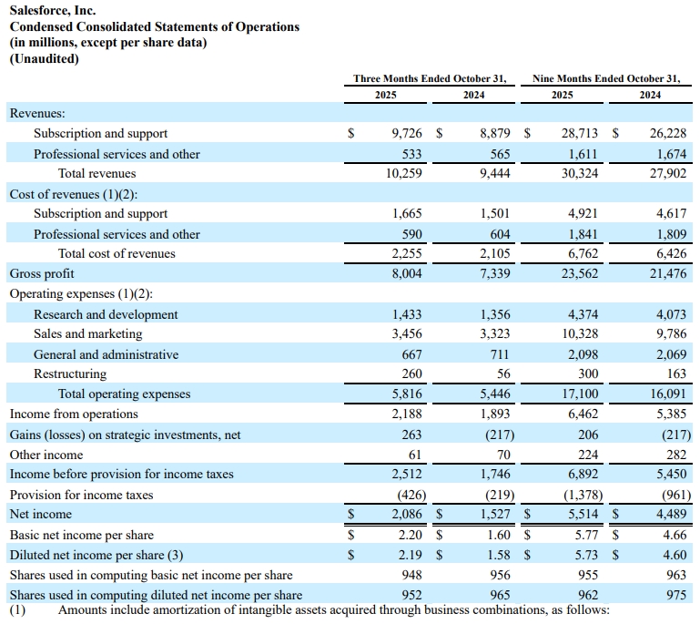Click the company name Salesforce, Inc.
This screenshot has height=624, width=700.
[53, 11]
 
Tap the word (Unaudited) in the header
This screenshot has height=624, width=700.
[44, 59]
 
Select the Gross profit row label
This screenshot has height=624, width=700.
[42, 273]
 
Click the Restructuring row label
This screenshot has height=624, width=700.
[70, 373]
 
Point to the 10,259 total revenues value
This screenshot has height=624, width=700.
[401, 173]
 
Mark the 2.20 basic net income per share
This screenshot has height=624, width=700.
[409, 535]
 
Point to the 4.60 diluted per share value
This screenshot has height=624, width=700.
[675, 554]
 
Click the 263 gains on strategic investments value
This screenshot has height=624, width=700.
[411, 435]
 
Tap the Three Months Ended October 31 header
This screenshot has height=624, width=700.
[430, 78]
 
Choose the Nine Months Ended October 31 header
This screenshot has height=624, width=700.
[606, 78]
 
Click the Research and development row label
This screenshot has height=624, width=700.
[106, 314]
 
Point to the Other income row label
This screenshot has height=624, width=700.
[46, 455]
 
